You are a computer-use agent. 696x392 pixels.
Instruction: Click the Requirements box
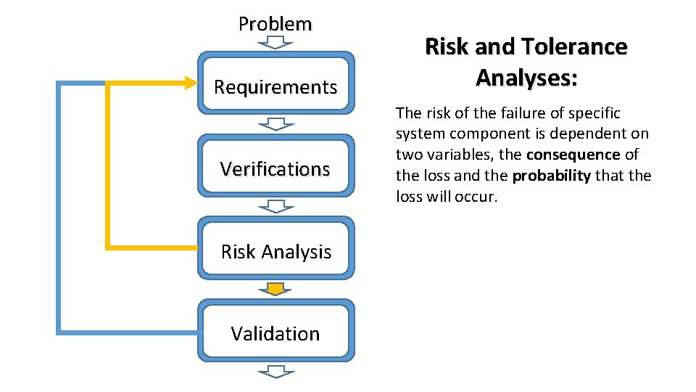pyautogui.click(x=275, y=87)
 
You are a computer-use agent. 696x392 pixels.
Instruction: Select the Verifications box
pyautogui.click(x=275, y=169)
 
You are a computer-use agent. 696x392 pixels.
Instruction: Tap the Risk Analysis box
pyautogui.click(x=275, y=252)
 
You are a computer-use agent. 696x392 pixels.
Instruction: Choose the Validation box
pyautogui.click(x=275, y=334)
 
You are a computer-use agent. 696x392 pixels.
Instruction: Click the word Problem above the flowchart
pyautogui.click(x=275, y=24)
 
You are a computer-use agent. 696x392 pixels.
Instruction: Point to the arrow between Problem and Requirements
pyautogui.click(x=275, y=42)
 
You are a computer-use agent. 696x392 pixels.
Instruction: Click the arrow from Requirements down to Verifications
pyautogui.click(x=275, y=123)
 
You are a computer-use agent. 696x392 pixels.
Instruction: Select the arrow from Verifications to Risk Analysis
pyautogui.click(x=275, y=206)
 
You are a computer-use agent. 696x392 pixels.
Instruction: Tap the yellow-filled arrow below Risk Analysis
pyautogui.click(x=275, y=289)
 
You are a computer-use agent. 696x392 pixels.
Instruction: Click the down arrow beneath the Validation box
pyautogui.click(x=275, y=372)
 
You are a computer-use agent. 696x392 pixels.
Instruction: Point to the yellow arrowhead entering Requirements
pyautogui.click(x=190, y=83)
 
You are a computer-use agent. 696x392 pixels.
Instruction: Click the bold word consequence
pyautogui.click(x=573, y=155)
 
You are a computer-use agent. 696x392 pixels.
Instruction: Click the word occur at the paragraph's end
pyautogui.click(x=478, y=197)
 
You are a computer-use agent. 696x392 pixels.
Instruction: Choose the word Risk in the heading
pyautogui.click(x=444, y=47)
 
